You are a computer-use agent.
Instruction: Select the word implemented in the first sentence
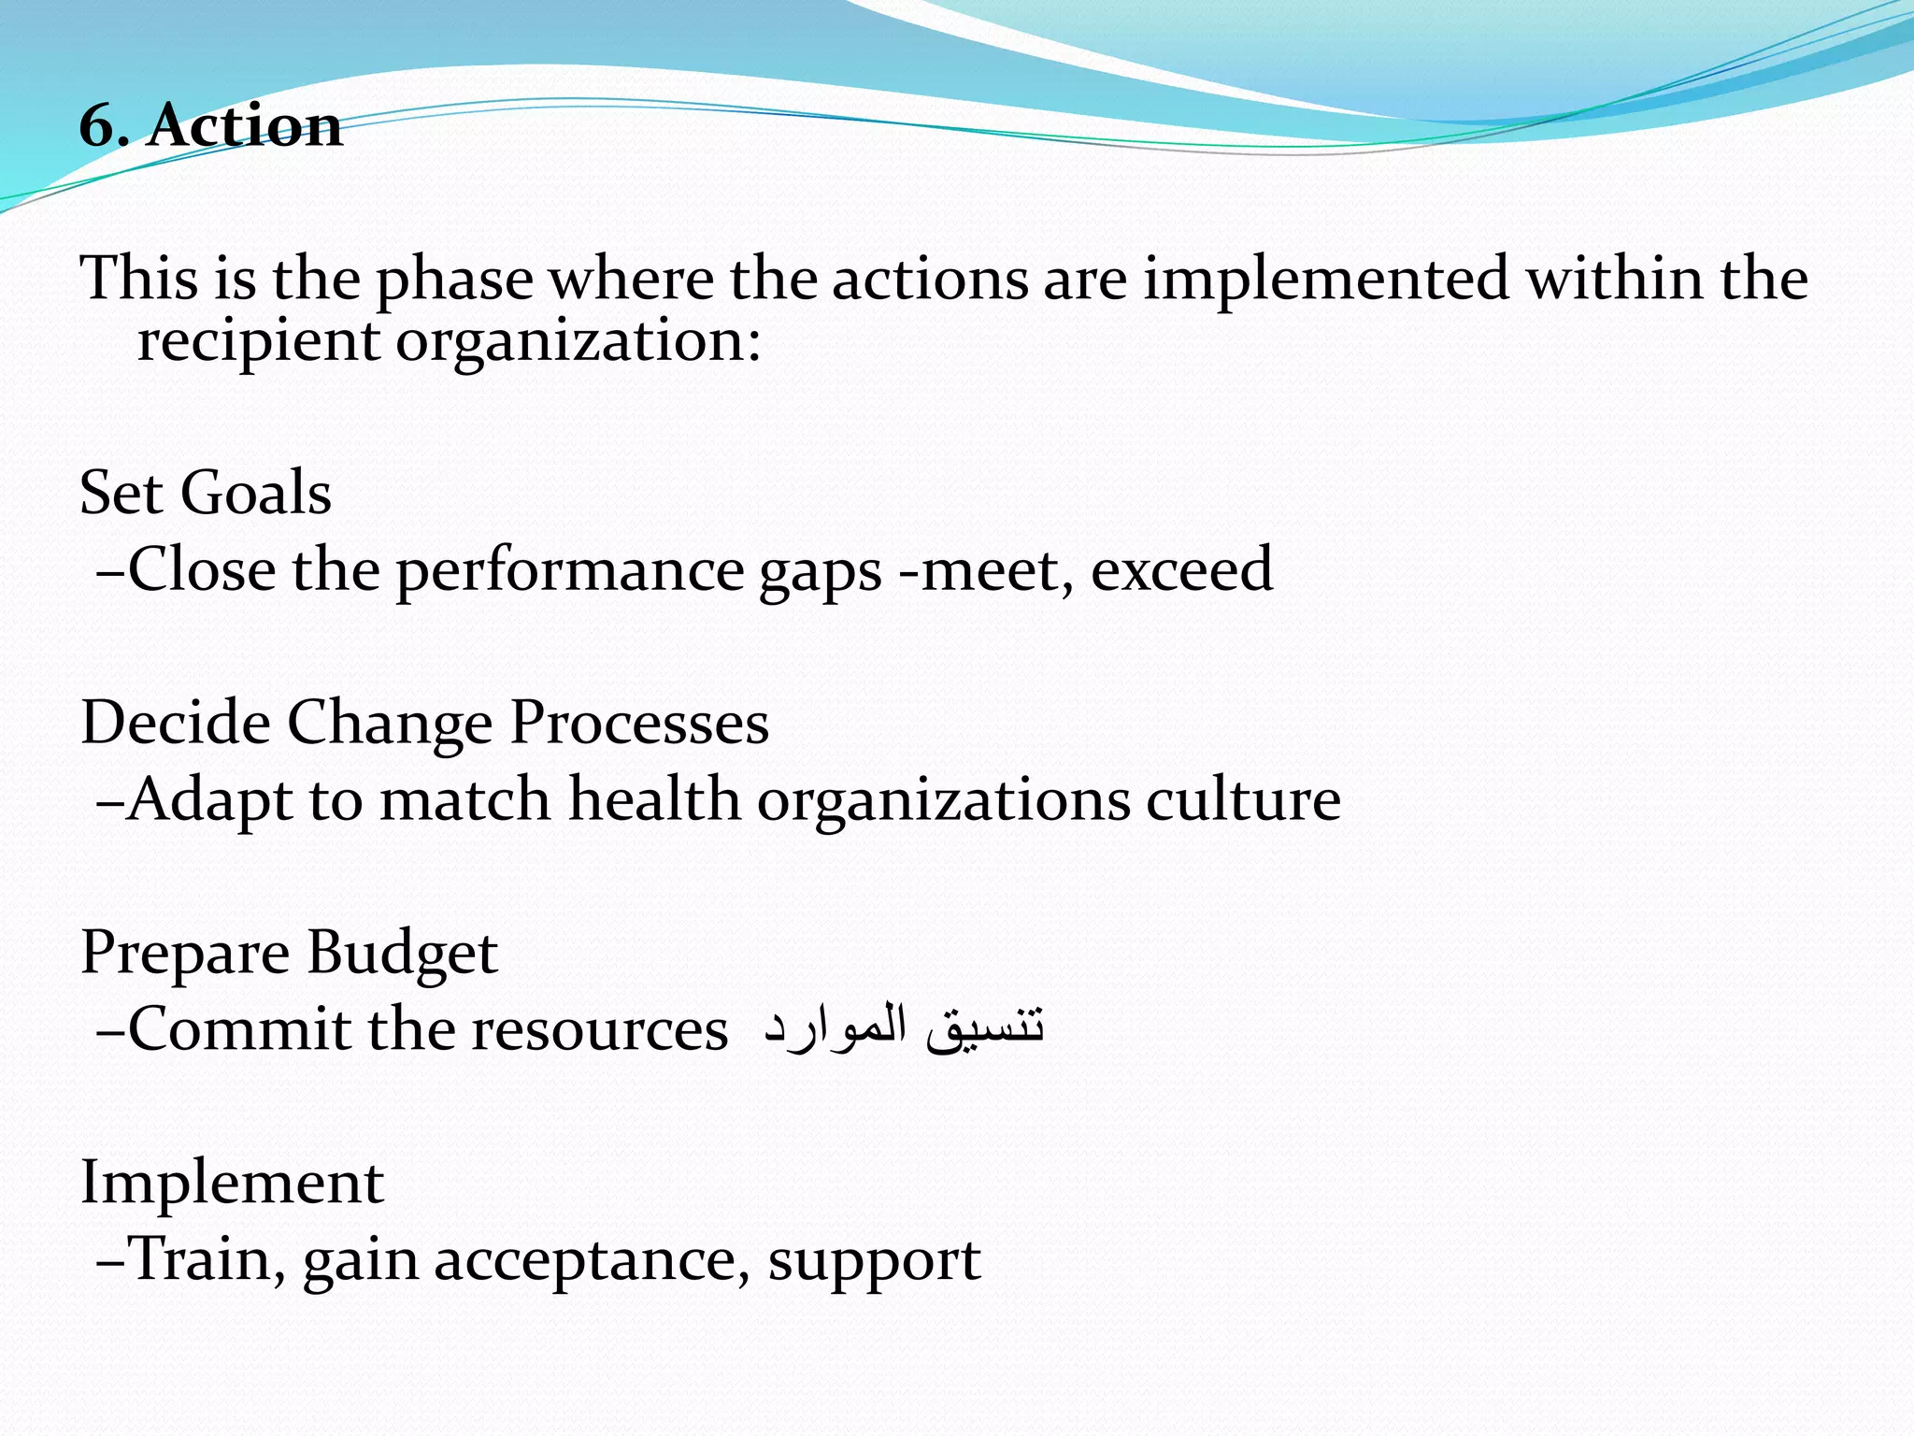[x=1326, y=280]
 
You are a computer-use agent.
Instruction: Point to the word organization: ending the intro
[x=578, y=342]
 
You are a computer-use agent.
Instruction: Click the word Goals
[x=255, y=493]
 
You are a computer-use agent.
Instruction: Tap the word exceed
[x=1181, y=569]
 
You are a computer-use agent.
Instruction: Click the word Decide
[x=175, y=723]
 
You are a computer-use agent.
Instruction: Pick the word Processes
[x=639, y=723]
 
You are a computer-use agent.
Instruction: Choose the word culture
[x=1243, y=800]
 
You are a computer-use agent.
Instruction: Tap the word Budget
[x=402, y=954]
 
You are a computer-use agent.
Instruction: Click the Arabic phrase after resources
[x=903, y=1027]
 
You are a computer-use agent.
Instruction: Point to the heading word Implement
[x=232, y=1183]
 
